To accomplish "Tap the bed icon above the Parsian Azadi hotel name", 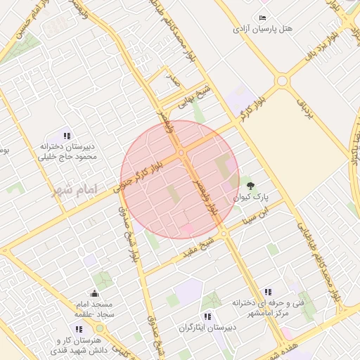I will tap(263, 18).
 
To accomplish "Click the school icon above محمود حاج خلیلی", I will tap(67, 136).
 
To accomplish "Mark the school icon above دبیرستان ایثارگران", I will tap(207, 316).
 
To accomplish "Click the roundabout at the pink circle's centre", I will tap(181, 152).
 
